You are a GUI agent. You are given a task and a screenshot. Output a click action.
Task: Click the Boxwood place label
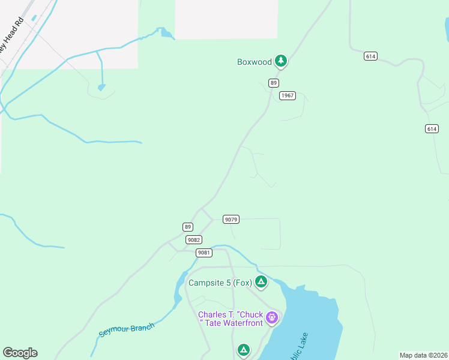(x=255, y=61)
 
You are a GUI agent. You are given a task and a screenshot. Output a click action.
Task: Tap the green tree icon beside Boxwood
(x=280, y=61)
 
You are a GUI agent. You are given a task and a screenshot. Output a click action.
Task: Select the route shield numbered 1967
(x=288, y=95)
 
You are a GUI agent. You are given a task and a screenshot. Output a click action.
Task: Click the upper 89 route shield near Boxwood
(x=274, y=83)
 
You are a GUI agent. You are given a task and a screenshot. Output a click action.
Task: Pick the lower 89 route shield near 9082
(x=188, y=227)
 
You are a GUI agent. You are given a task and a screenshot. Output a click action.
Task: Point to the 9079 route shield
(x=231, y=220)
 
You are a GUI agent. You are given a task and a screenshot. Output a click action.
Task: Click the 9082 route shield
(x=193, y=239)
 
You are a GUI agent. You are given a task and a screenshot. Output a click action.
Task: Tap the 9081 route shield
(x=204, y=253)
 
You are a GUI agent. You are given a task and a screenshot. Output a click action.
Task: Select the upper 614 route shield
(x=370, y=56)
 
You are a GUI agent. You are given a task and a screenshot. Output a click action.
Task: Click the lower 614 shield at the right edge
(x=432, y=128)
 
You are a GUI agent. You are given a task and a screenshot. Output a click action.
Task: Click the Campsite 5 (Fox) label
(x=219, y=283)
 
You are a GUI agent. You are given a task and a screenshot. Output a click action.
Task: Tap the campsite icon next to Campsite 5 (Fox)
(x=261, y=281)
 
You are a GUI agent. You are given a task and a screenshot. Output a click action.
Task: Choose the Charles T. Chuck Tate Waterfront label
(x=231, y=319)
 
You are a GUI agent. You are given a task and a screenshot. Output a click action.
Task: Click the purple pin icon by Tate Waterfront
(x=272, y=317)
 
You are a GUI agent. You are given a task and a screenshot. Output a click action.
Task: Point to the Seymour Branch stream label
(x=127, y=330)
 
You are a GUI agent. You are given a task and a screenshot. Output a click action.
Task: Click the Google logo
(x=20, y=353)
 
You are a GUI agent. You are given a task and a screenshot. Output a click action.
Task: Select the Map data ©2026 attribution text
(x=423, y=355)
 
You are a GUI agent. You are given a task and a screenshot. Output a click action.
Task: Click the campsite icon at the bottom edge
(x=243, y=350)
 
